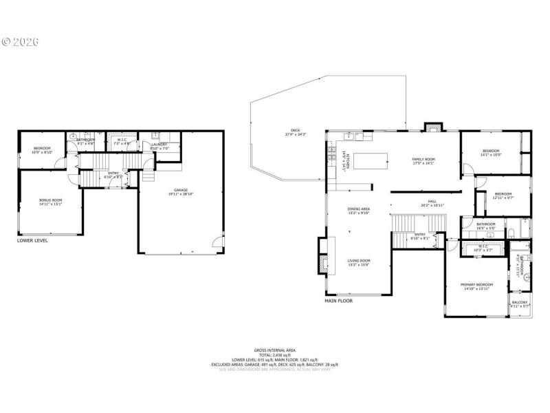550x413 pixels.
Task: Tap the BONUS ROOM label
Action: coord(50,202)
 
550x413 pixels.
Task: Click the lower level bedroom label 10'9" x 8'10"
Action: coord(43,150)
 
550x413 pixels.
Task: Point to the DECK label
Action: coord(296,131)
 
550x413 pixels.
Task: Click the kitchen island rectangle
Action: coord(370,161)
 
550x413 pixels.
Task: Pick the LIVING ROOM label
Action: coord(358,262)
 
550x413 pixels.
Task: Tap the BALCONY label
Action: coord(520,304)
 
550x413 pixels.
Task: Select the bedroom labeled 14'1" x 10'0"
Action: coord(491,153)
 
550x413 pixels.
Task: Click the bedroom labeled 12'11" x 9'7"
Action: coord(504,195)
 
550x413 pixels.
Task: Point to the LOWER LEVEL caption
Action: coord(32,241)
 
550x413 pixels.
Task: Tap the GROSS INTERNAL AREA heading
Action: coord(275,350)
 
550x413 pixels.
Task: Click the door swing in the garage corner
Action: coord(217,241)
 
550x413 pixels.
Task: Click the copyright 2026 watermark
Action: coord(20,41)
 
